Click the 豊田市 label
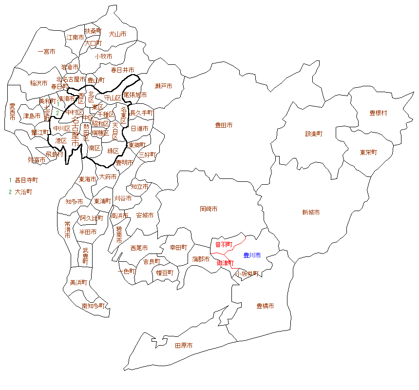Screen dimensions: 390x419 pos(224,125)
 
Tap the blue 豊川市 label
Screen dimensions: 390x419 pos(252,255)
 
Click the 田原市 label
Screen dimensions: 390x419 pos(184,345)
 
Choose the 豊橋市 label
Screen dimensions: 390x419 pos(265,306)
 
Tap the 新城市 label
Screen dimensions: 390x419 pos(311,213)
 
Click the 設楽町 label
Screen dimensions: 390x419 pos(314,133)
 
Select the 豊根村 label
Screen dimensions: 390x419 pos(378,113)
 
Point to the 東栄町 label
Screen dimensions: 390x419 pos(369,152)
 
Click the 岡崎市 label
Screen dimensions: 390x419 pos(209,209)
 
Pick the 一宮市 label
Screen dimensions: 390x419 pos(46,51)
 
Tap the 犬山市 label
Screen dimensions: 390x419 pos(117,34)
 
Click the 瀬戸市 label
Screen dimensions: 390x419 pos(163,86)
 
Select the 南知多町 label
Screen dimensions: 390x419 pos(93,306)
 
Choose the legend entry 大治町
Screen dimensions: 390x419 pos(23,192)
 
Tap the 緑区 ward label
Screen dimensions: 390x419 pos(113,150)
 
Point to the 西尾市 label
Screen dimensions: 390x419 pos(139,248)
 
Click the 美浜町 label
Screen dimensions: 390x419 pos(78,282)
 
